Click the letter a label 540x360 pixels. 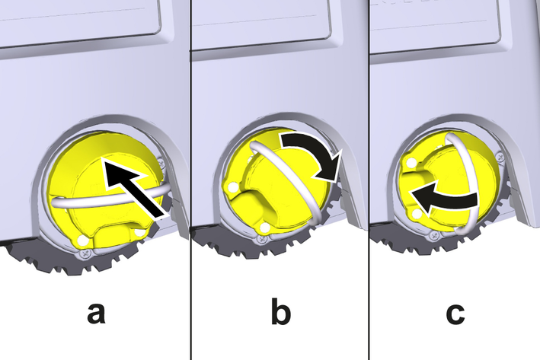(x=96, y=314)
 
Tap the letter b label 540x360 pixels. (x=281, y=311)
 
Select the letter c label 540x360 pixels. (x=455, y=314)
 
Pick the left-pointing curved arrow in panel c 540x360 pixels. (x=443, y=201)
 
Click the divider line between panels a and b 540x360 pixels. (x=190, y=180)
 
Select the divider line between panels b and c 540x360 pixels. (x=369, y=180)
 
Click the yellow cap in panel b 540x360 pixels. (x=276, y=183)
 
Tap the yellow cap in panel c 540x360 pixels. (x=448, y=179)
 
